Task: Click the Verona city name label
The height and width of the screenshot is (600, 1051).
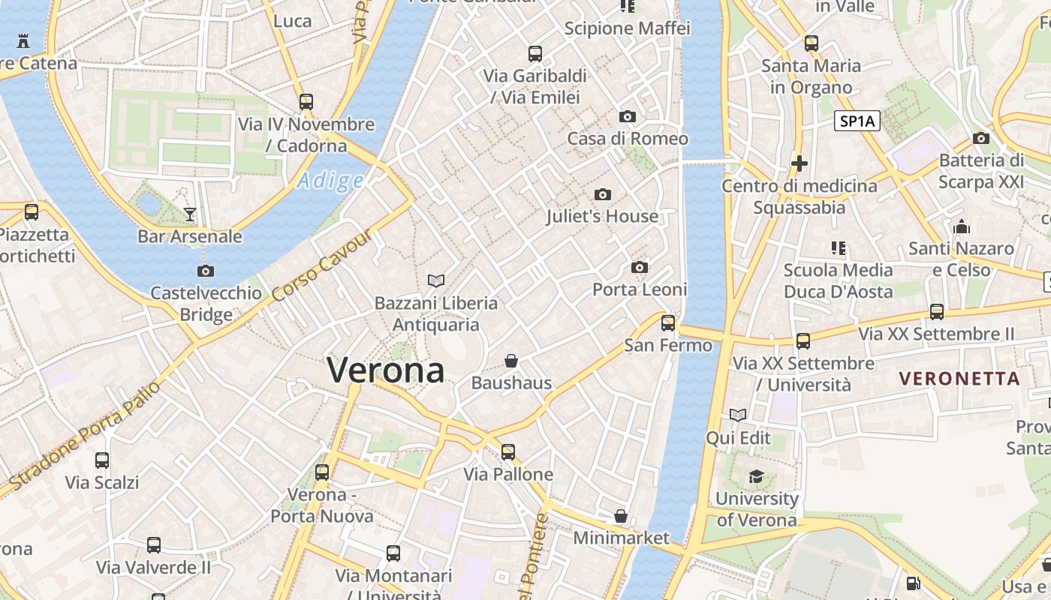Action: click(386, 370)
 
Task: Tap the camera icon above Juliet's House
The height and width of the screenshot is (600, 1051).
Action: click(602, 195)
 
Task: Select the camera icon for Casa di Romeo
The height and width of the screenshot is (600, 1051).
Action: click(628, 117)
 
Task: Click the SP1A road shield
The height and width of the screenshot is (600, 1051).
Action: click(857, 121)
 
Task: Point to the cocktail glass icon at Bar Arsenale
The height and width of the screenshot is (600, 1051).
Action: click(190, 215)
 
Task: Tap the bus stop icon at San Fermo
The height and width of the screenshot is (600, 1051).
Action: click(667, 323)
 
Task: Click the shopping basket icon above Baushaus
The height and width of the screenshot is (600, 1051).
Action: click(511, 361)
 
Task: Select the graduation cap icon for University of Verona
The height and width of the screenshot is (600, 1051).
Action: click(756, 477)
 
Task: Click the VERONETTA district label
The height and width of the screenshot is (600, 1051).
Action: click(960, 378)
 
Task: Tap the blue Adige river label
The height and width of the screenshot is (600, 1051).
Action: click(330, 181)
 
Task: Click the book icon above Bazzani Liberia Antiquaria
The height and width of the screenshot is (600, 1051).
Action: click(435, 281)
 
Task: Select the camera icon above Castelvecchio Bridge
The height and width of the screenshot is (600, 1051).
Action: click(206, 271)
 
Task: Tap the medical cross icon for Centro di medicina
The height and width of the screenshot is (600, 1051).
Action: click(800, 163)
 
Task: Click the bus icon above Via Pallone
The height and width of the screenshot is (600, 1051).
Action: click(508, 452)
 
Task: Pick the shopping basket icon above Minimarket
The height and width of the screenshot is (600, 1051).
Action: click(621, 516)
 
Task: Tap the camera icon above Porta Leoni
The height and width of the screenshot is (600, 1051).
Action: click(640, 268)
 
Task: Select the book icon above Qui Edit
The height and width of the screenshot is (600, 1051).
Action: click(739, 415)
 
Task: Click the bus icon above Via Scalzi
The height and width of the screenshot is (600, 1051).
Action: click(102, 460)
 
